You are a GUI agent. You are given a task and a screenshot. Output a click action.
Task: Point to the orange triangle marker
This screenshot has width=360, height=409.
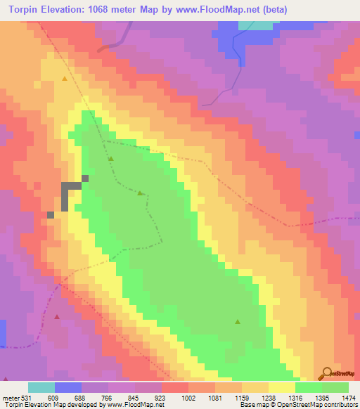click(x=65, y=79)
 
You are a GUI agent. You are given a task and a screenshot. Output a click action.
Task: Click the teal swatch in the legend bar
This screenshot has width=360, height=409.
click(x=41, y=388)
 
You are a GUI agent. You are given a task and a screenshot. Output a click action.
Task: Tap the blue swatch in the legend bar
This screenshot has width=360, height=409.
click(x=68, y=388)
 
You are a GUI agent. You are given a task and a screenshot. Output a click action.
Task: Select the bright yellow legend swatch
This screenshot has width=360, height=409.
click(x=281, y=388)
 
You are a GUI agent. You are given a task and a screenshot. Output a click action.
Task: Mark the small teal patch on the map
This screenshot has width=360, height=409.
click(x=255, y=25)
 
